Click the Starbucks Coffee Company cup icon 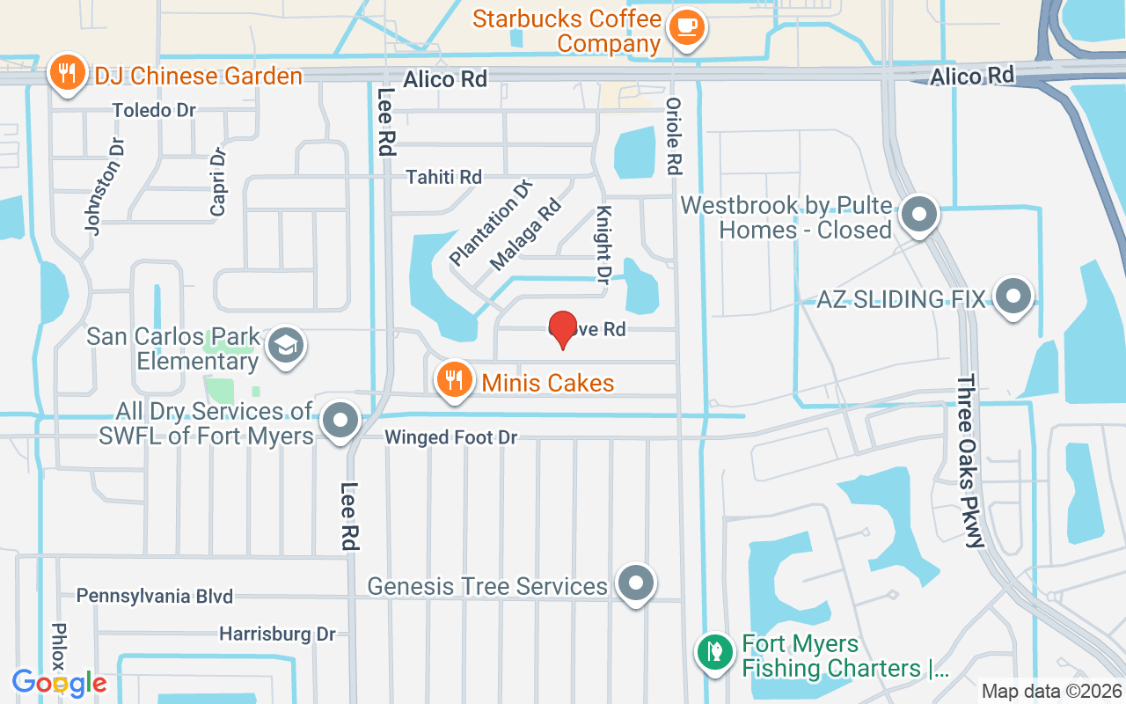pyautogui.click(x=685, y=26)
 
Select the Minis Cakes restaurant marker pyautogui.click(x=454, y=380)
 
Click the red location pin pyautogui.click(x=562, y=329)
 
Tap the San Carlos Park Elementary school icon pyautogui.click(x=286, y=345)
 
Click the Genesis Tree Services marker pyautogui.click(x=636, y=583)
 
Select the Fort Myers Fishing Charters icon pyautogui.click(x=713, y=653)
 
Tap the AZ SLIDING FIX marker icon pyautogui.click(x=1013, y=296)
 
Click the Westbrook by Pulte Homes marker pyautogui.click(x=920, y=214)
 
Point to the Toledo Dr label pyautogui.click(x=155, y=111)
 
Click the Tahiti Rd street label pyautogui.click(x=443, y=177)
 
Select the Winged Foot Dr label pyautogui.click(x=450, y=436)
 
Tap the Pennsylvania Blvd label pyautogui.click(x=155, y=596)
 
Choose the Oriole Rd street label pyautogui.click(x=674, y=135)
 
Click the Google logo pyautogui.click(x=59, y=682)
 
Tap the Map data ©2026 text pyautogui.click(x=1050, y=691)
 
